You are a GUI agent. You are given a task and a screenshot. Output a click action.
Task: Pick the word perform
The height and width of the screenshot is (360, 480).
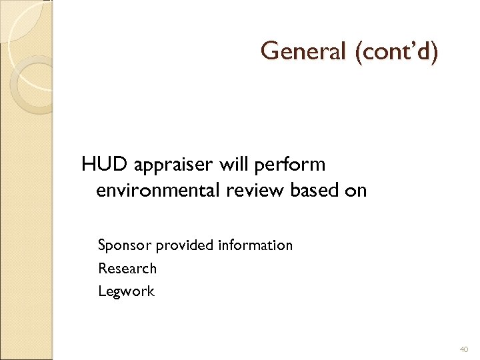(x=289, y=164)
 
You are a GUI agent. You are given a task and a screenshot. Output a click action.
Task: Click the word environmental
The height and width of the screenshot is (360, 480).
(x=157, y=191)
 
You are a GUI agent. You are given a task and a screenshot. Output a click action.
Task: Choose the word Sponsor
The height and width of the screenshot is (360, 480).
(x=125, y=246)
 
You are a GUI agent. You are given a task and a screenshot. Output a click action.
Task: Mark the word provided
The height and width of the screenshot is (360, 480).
(x=185, y=246)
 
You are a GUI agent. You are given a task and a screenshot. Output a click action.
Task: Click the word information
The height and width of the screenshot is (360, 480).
(x=255, y=245)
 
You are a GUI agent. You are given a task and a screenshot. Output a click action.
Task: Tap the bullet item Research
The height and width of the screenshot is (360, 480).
(x=127, y=269)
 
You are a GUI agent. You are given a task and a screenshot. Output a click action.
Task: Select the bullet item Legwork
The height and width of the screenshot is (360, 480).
(x=126, y=291)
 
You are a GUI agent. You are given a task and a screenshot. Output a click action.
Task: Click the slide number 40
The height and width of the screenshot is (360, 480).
(x=464, y=349)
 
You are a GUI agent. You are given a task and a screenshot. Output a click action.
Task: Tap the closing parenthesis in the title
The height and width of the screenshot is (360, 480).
(x=434, y=52)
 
